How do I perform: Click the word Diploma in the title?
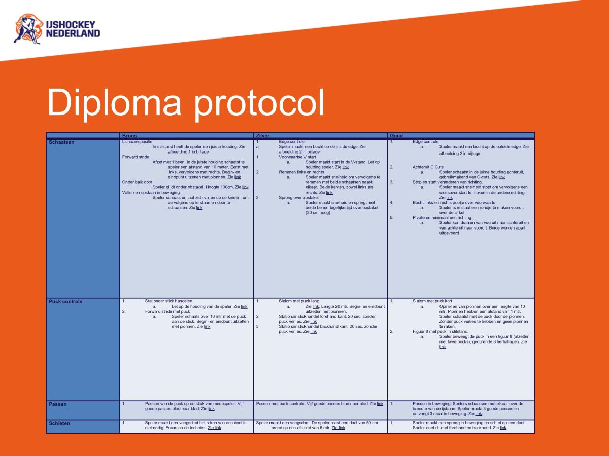tap(114, 103)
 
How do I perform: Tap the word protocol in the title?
tap(259, 103)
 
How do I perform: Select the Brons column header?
tap(129, 136)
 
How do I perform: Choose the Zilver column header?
tap(263, 136)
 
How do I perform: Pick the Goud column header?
tap(396, 136)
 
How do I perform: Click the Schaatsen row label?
tap(61, 142)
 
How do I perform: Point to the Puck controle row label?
tap(65, 302)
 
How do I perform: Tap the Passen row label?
tap(58, 404)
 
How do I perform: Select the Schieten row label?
tap(59, 423)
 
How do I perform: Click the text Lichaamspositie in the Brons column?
tap(137, 141)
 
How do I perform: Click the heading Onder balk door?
tap(137, 182)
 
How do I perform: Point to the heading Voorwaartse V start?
tap(297, 157)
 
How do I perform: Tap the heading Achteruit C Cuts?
tap(428, 167)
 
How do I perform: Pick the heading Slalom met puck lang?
tap(299, 301)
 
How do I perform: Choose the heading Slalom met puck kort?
tap(432, 301)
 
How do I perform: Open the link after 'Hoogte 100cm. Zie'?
tap(245, 187)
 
